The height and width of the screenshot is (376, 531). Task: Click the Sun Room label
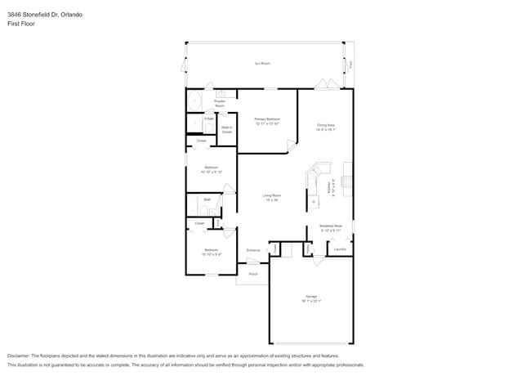coord(262,63)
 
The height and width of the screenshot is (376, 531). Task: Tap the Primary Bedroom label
coord(267,121)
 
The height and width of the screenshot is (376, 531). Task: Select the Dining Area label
coord(326,127)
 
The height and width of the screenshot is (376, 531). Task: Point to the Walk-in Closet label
coord(226,129)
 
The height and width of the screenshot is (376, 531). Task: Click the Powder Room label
coord(220,104)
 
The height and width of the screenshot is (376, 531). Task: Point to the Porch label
coord(253,274)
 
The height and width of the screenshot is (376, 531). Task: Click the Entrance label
coord(253,250)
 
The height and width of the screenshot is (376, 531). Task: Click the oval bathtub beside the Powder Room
coord(194,101)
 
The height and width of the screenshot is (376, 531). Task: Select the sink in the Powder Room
coord(221,94)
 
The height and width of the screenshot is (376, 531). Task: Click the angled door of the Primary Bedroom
coord(291,145)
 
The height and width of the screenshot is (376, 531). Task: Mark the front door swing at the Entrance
coord(253,262)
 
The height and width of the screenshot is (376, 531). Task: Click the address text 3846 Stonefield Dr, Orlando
coord(46,15)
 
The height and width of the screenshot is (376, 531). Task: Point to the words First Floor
coord(22,24)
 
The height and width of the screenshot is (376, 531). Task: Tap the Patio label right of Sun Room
coord(351,64)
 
